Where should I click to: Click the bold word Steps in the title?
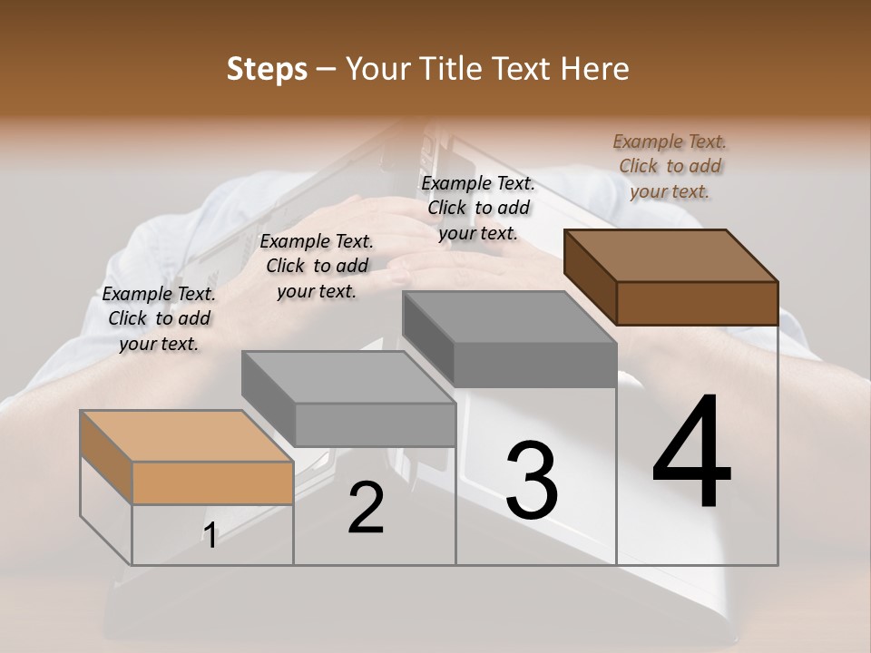point(267,69)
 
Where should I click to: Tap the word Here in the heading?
point(594,69)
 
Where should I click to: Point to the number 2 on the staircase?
point(366,508)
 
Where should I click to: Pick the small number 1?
point(210,536)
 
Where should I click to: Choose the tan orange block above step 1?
point(188,456)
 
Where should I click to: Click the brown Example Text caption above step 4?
point(670,166)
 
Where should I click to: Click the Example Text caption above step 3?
point(478,208)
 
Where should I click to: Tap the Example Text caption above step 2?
point(317,266)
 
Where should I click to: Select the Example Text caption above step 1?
point(159,318)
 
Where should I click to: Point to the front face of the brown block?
point(697,303)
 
